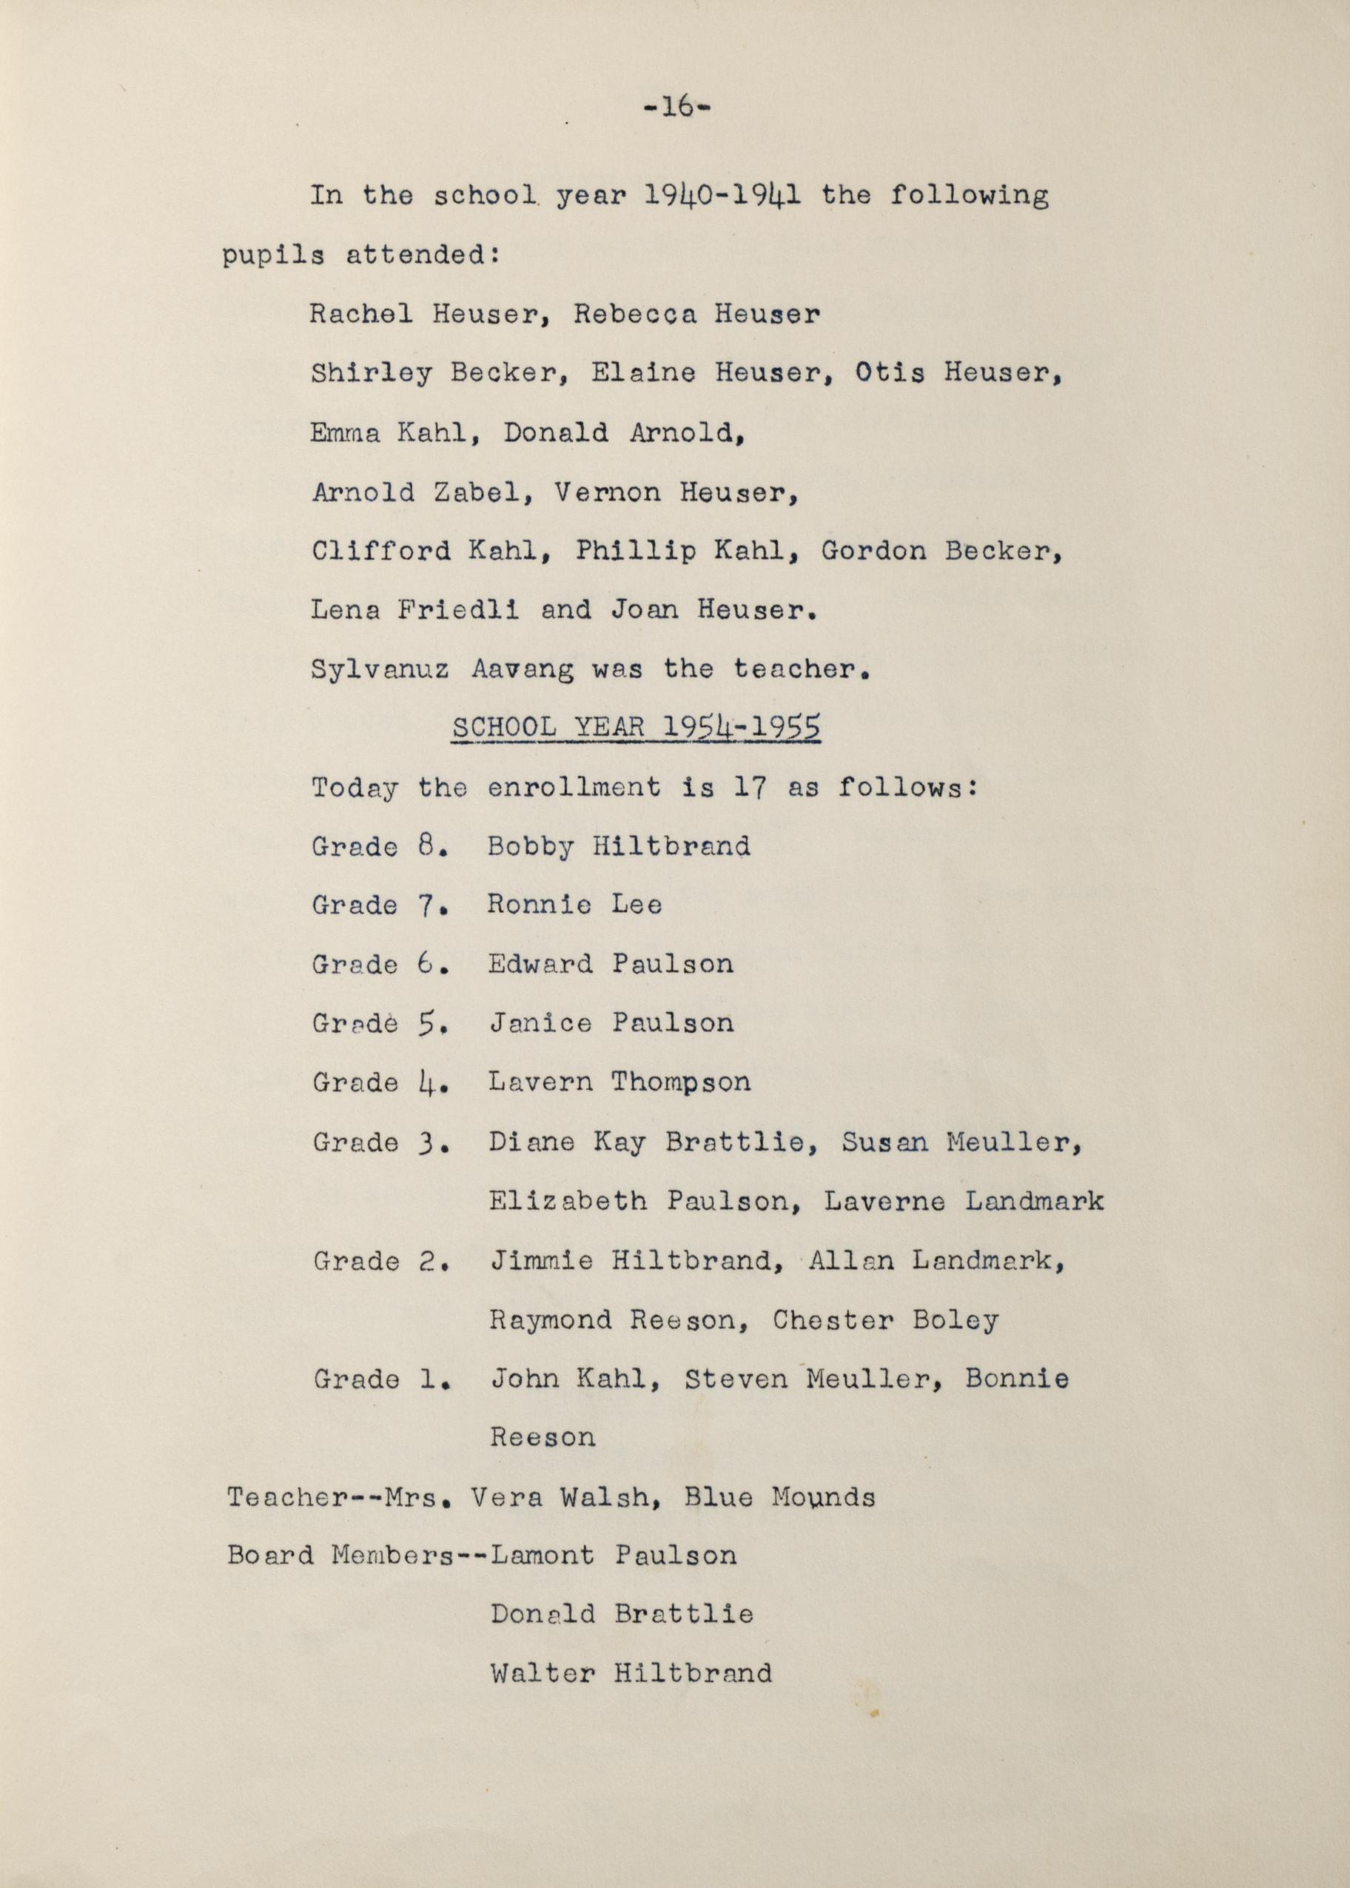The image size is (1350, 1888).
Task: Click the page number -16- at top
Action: coord(678,108)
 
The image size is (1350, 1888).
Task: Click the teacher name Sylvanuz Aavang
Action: coord(441,669)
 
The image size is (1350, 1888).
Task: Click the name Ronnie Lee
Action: coord(574,905)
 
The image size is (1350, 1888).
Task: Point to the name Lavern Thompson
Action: coord(619,1082)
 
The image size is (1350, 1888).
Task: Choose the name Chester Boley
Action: coord(885,1320)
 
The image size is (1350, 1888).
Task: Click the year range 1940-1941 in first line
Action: coord(722,196)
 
